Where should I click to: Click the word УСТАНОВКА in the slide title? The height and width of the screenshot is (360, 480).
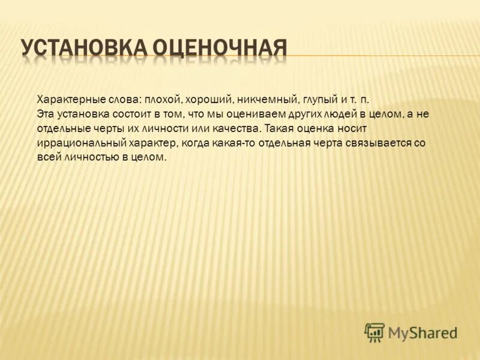click(x=82, y=48)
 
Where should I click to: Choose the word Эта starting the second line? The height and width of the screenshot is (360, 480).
click(x=46, y=114)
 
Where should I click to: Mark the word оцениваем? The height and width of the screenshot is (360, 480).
click(x=256, y=114)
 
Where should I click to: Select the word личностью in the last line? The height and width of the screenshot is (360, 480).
click(x=79, y=158)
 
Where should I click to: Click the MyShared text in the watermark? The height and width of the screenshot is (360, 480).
click(x=422, y=332)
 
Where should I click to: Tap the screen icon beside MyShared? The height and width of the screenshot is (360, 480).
click(x=374, y=332)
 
